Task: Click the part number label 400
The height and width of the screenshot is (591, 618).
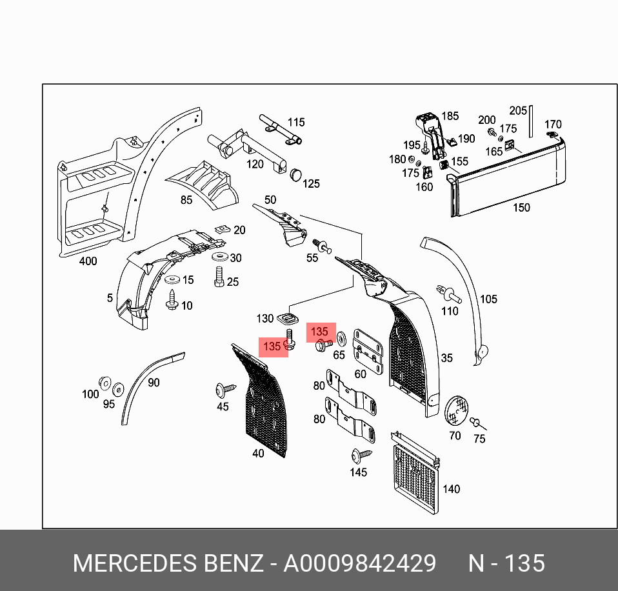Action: pos(88,261)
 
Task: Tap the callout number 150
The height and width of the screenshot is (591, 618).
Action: pos(521,208)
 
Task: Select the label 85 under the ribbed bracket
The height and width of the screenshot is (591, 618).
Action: pos(186,200)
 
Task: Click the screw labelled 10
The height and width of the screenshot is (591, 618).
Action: pos(172,300)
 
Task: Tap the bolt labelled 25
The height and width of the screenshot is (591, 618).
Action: pos(218,278)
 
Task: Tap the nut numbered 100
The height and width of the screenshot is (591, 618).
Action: pos(104,381)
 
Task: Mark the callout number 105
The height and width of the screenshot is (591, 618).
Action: pos(488,299)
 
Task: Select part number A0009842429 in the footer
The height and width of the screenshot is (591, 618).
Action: pos(360,563)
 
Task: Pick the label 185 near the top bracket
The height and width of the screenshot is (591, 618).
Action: pos(450,116)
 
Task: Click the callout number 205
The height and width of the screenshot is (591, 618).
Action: pos(518,110)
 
